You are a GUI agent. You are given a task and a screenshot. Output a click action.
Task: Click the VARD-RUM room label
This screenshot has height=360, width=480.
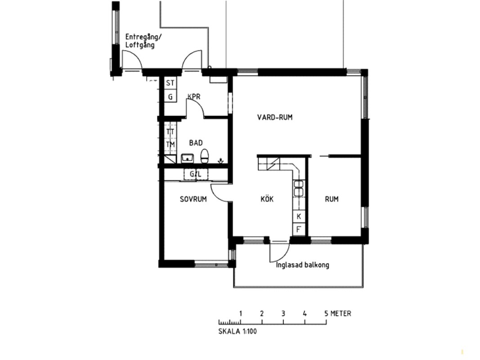(x=274, y=117)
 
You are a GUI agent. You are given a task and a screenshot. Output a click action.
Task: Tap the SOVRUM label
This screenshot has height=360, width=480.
(x=193, y=199)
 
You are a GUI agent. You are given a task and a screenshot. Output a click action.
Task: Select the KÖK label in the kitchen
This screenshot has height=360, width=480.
(x=267, y=199)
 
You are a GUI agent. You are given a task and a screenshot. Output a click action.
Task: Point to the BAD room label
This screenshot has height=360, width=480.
(x=196, y=143)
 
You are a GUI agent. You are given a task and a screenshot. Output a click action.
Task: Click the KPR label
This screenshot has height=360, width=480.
(x=194, y=97)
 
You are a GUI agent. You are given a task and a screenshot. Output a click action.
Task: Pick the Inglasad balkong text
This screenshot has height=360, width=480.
(x=302, y=265)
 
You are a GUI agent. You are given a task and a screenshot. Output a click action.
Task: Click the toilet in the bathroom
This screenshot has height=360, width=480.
(x=205, y=156)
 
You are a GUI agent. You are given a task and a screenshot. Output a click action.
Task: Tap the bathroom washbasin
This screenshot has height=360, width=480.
(x=187, y=158)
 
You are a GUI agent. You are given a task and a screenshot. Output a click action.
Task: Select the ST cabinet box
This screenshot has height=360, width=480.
(x=170, y=83)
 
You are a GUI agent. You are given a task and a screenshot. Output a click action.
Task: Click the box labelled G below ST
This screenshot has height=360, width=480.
(x=170, y=97)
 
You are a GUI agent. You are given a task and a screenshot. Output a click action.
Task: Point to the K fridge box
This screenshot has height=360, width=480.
(x=299, y=216)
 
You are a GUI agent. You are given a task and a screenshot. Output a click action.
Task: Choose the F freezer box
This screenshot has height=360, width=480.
(x=299, y=229)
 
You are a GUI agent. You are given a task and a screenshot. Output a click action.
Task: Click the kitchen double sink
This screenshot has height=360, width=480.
(x=298, y=188)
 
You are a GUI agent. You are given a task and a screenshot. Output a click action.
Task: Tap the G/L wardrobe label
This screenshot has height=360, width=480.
(x=196, y=175)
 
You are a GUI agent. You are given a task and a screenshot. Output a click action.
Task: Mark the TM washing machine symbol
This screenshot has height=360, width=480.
(x=170, y=144)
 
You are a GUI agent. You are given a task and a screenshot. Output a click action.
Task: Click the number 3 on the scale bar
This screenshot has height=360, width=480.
(x=283, y=314)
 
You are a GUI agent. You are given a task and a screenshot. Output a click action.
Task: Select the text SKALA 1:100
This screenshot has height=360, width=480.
(x=238, y=331)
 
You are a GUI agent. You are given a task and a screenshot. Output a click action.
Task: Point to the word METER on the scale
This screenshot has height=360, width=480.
(x=341, y=314)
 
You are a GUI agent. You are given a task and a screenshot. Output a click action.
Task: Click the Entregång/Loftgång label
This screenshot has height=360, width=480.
(x=143, y=41)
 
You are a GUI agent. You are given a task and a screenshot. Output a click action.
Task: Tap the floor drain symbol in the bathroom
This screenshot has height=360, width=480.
(x=220, y=161)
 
